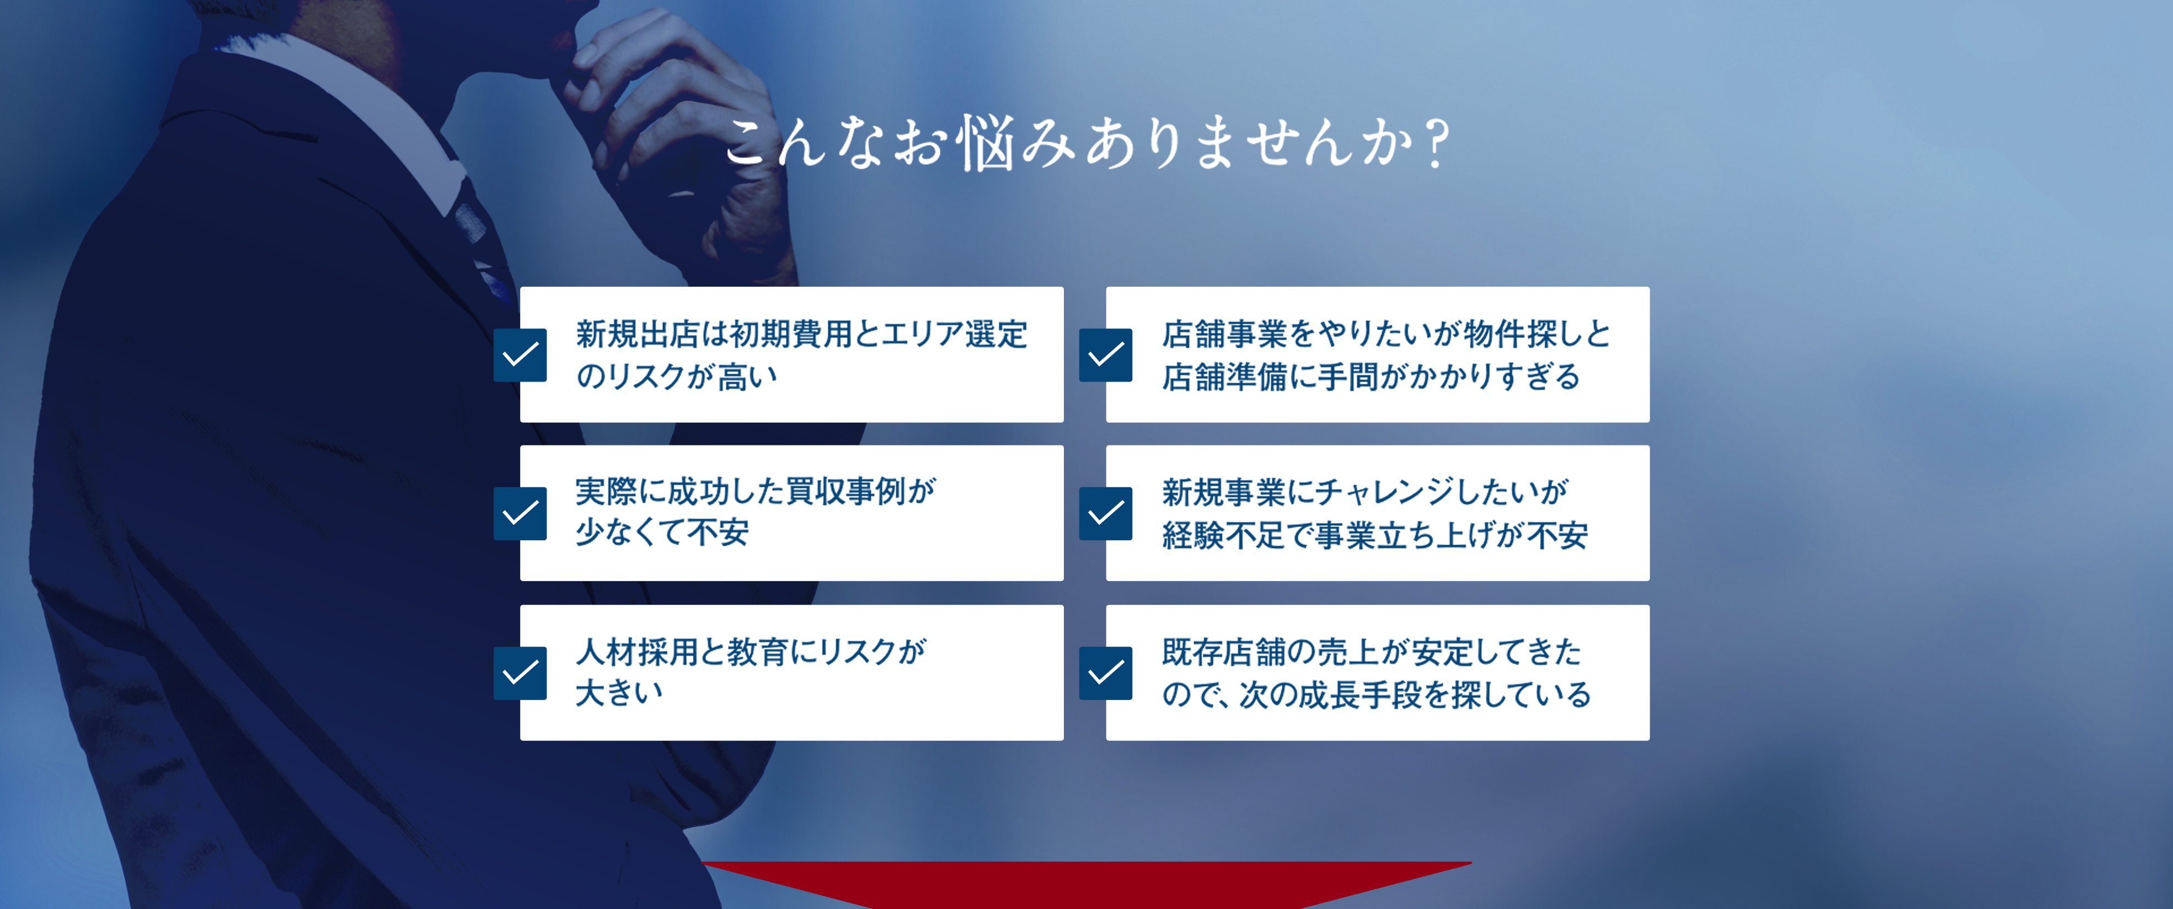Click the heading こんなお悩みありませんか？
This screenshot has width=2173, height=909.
pyautogui.click(x=1086, y=143)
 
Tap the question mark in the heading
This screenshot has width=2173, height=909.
pyautogui.click(x=1434, y=143)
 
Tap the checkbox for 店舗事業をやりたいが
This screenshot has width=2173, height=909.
pyautogui.click(x=1106, y=355)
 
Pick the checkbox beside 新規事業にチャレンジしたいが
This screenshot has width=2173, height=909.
pyautogui.click(x=1106, y=514)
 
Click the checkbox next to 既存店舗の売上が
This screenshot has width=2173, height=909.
pyautogui.click(x=1106, y=673)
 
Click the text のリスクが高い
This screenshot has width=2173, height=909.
pyautogui.click(x=677, y=376)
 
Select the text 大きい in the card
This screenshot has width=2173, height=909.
pyautogui.click(x=619, y=693)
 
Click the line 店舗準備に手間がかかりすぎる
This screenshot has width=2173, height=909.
pyautogui.click(x=1371, y=376)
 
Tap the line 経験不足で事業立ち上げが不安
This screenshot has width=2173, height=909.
pyautogui.click(x=1375, y=535)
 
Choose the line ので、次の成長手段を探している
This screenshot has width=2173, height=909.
pyautogui.click(x=1377, y=694)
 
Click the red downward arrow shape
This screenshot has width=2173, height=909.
pyautogui.click(x=1086, y=884)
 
